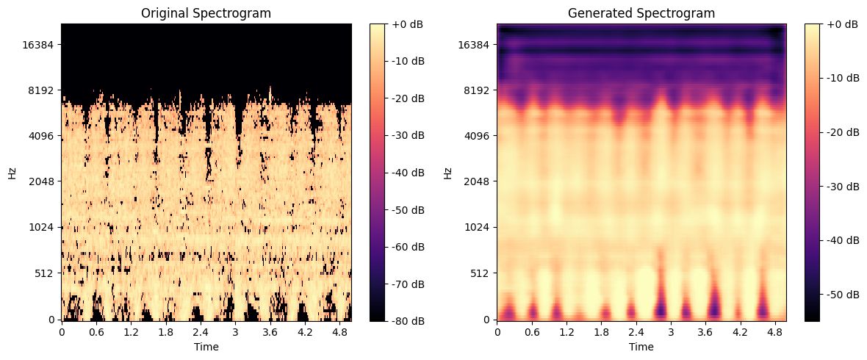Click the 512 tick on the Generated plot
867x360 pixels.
(x=481, y=273)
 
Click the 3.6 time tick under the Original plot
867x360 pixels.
(x=270, y=332)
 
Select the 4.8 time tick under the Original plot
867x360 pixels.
(x=339, y=332)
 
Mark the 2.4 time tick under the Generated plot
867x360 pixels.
(x=636, y=332)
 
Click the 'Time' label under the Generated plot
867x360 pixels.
(x=641, y=346)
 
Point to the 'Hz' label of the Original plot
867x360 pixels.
(x=12, y=173)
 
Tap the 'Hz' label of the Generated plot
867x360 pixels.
(x=449, y=173)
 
